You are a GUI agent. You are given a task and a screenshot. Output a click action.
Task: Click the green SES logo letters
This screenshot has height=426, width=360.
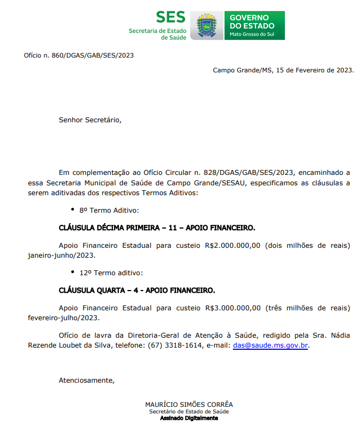click(x=170, y=18)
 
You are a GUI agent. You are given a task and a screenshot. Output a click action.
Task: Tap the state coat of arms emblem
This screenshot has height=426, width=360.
click(x=208, y=26)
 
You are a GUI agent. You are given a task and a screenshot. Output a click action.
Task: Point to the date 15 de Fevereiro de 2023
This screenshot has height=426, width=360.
click(x=315, y=70)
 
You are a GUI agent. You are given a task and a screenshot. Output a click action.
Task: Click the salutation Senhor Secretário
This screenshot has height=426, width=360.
click(x=90, y=120)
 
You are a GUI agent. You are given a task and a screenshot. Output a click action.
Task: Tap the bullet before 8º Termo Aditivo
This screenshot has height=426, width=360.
click(x=73, y=209)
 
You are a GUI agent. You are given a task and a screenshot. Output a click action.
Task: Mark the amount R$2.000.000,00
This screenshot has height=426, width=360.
click(x=233, y=245)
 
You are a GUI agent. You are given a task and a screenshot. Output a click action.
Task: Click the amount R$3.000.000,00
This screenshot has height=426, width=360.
click(x=233, y=308)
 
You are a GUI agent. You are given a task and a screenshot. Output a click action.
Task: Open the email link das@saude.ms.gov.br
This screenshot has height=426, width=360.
click(x=271, y=345)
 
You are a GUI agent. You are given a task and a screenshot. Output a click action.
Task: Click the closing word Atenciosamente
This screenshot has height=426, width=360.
click(x=86, y=380)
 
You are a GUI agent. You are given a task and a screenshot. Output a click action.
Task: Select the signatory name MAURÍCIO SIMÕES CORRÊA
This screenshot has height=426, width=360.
click(x=189, y=405)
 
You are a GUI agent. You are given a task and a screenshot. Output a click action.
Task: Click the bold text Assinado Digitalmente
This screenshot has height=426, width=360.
click(x=189, y=418)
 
